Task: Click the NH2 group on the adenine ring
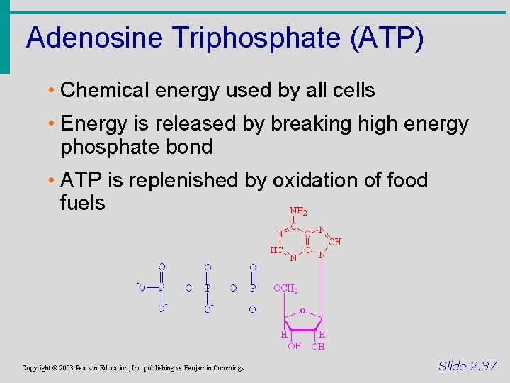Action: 298,211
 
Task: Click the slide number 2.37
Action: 467,366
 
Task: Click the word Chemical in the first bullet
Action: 103,91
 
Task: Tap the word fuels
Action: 83,203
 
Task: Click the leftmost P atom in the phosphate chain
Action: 162,288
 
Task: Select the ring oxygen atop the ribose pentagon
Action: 303,310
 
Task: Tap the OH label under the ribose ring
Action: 295,346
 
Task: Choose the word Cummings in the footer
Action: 227,367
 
